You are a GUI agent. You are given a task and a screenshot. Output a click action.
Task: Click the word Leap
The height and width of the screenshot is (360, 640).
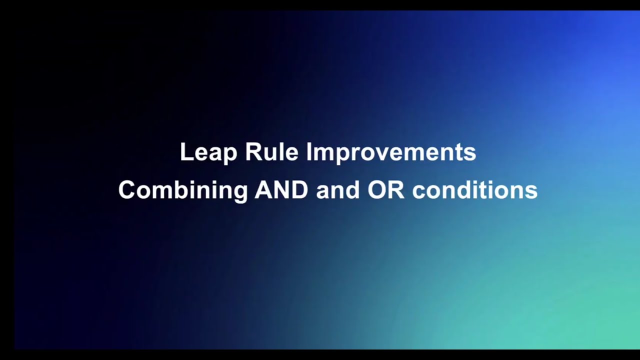tap(208, 153)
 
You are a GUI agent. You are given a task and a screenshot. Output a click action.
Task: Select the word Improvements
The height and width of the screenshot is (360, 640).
tap(391, 153)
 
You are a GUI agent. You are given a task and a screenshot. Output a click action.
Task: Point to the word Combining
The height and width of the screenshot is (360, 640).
tap(183, 191)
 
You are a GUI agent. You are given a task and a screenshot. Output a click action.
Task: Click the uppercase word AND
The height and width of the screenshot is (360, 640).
tap(281, 189)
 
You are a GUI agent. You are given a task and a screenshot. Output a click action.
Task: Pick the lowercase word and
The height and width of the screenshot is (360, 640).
tap(337, 190)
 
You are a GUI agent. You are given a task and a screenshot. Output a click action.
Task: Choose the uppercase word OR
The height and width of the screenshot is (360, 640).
tap(385, 189)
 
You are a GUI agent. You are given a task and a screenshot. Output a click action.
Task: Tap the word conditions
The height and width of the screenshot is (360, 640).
tap(475, 190)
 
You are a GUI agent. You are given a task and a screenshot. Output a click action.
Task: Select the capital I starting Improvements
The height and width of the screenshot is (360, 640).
tap(309, 151)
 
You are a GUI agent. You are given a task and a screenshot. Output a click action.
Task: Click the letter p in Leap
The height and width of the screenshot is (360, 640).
tap(230, 155)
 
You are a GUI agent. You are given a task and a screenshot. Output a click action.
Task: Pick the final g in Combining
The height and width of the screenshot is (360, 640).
tap(240, 194)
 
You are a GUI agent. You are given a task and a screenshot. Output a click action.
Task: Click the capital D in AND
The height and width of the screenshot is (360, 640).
tap(299, 189)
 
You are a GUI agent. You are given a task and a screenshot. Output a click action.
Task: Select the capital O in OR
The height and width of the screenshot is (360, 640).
tap(376, 189)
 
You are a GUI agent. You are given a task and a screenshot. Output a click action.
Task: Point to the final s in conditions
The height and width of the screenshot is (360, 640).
tap(531, 192)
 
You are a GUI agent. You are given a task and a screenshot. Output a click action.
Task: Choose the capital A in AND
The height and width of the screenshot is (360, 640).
tap(263, 189)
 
